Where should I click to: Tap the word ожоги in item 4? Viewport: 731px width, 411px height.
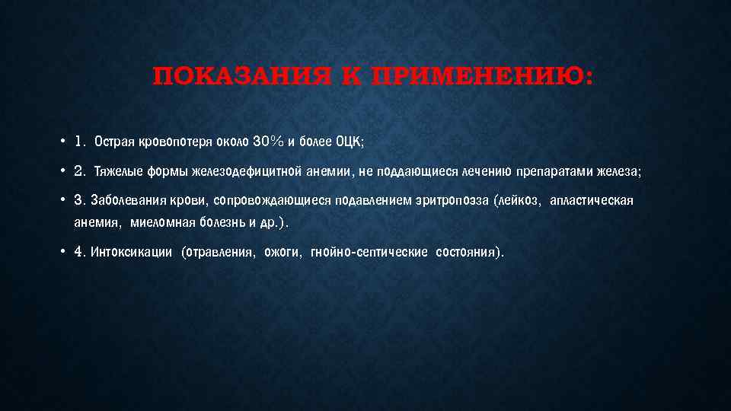coord(283,253)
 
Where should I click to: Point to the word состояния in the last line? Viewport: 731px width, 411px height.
coord(468,253)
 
